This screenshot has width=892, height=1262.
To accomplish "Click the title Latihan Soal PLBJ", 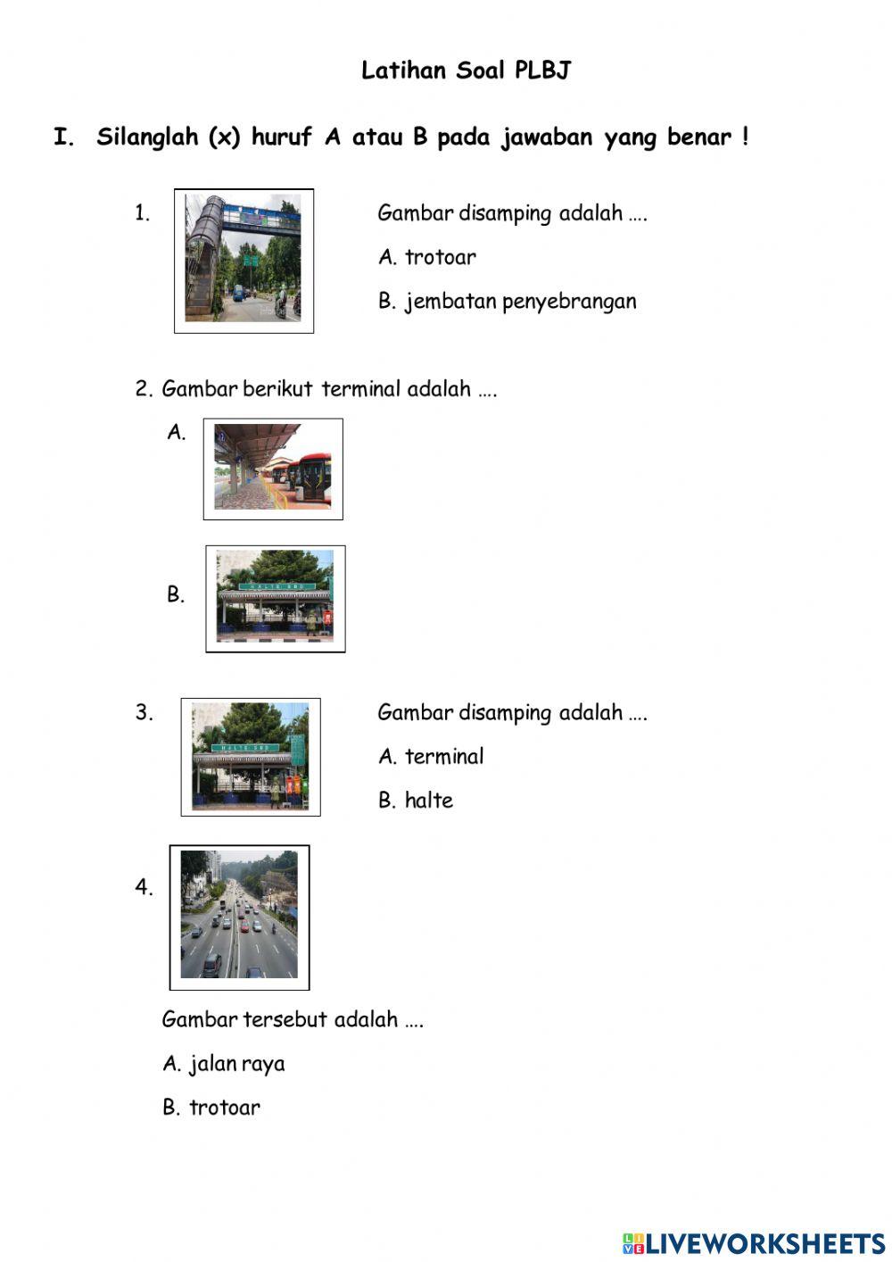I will tap(466, 71).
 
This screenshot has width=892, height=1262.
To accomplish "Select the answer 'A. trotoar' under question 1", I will tap(427, 257).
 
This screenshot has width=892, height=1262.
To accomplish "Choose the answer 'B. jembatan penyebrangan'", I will tap(508, 301).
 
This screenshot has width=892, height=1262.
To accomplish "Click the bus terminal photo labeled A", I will tap(272, 468).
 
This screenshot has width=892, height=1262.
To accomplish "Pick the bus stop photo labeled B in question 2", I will tap(275, 597).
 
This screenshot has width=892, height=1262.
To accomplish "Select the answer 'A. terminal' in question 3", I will tap(431, 756).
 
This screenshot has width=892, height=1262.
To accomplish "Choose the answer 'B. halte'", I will tap(416, 800).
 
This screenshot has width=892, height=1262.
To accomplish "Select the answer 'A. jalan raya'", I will tap(224, 1063).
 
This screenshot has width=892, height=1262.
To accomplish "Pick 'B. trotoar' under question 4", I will tap(211, 1108).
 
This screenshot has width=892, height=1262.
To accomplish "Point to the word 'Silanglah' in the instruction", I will tap(147, 137).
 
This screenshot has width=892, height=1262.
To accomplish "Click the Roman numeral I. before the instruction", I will tap(64, 137).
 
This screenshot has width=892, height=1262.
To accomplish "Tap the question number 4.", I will tap(144, 887).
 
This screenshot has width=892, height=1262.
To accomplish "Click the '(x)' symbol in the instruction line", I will tap(224, 137).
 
